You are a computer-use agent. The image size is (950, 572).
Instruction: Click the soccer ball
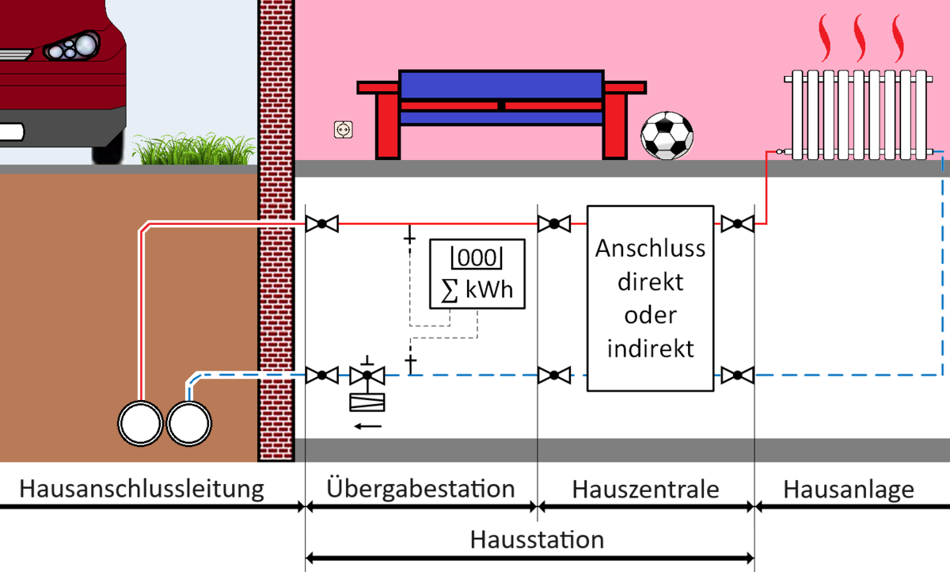pyautogui.click(x=667, y=135)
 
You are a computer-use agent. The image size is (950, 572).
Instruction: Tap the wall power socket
pyautogui.click(x=343, y=130)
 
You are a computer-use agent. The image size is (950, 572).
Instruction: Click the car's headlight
pyautogui.click(x=72, y=47)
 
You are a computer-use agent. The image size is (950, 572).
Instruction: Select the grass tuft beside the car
pyautogui.click(x=194, y=149)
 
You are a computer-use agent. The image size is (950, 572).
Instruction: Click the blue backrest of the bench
pyautogui.click(x=501, y=85)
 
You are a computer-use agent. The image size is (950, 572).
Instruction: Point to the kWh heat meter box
pyautogui.click(x=477, y=273)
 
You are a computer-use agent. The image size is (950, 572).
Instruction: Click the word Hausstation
pyautogui.click(x=537, y=540)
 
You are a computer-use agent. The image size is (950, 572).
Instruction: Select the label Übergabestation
pyautogui.click(x=420, y=488)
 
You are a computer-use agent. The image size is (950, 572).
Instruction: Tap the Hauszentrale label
pyautogui.click(x=645, y=490)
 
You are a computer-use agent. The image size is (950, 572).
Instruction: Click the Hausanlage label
pyautogui.click(x=848, y=490)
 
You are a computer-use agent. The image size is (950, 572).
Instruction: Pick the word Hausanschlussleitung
pyautogui.click(x=142, y=489)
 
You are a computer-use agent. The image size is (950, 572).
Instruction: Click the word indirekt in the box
pyautogui.click(x=650, y=349)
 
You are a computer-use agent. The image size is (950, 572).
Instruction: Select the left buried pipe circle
pyautogui.click(x=140, y=424)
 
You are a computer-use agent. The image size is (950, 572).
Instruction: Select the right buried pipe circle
pyautogui.click(x=188, y=424)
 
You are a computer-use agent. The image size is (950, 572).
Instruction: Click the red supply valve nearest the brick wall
pyautogui.click(x=322, y=223)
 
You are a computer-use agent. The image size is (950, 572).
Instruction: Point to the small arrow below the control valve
pyautogui.click(x=368, y=426)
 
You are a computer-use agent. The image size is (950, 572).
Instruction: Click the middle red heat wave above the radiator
pyautogui.click(x=860, y=38)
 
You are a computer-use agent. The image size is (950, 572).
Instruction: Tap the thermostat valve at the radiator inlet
pyautogui.click(x=780, y=151)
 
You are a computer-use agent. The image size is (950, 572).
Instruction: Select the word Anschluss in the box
pyautogui.click(x=650, y=248)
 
